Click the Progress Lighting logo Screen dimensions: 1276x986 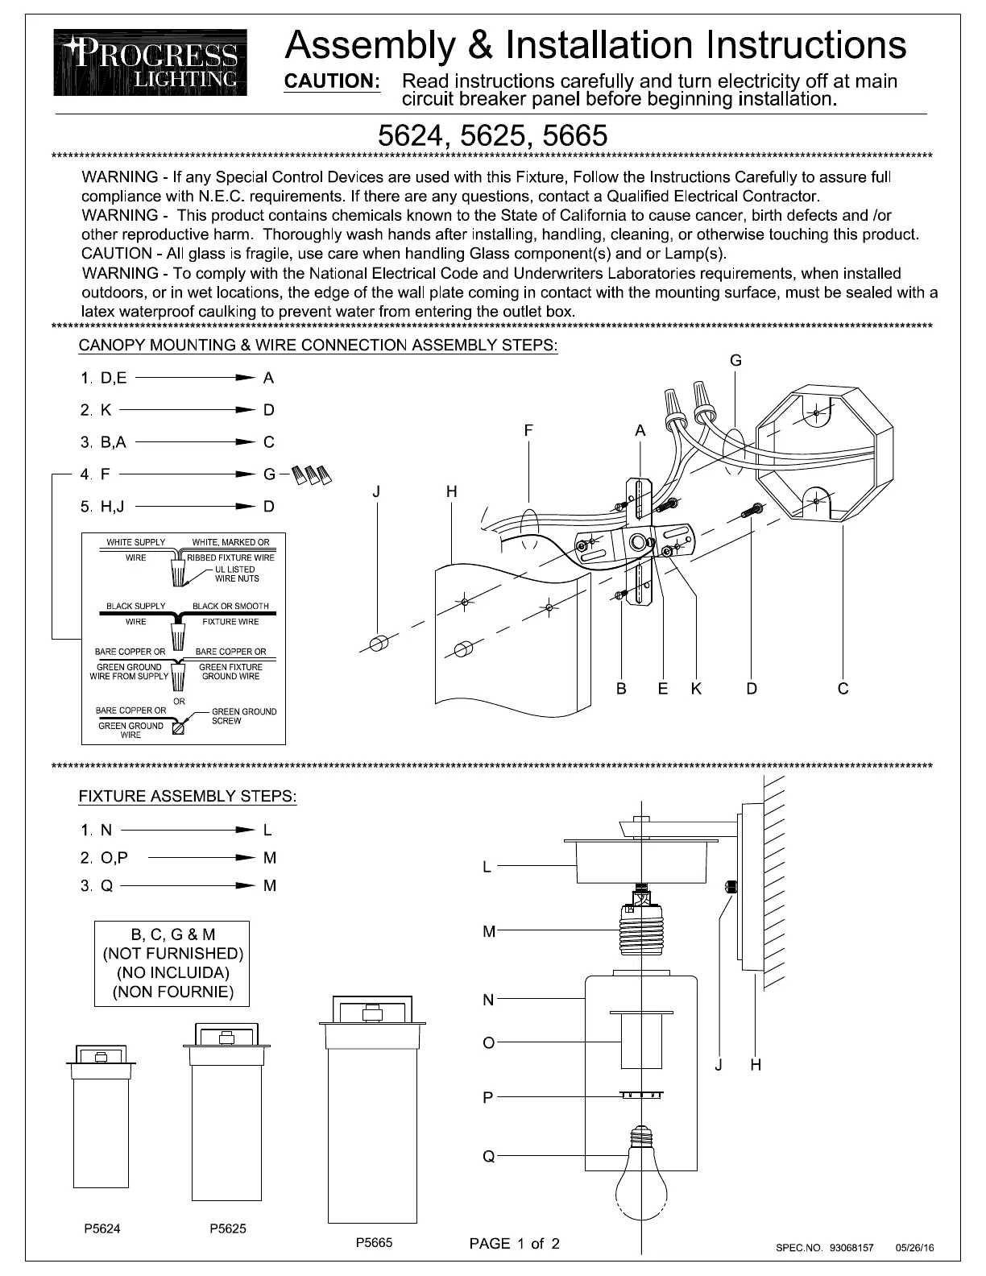(x=151, y=64)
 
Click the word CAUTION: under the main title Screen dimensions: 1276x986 (x=332, y=81)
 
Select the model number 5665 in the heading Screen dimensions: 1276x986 (x=575, y=135)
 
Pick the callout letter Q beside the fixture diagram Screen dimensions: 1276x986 (x=488, y=1157)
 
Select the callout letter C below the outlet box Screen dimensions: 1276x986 (x=843, y=689)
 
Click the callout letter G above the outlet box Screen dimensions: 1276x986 (x=735, y=361)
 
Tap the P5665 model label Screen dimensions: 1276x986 (x=374, y=1243)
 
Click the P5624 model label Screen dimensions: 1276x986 (x=101, y=1229)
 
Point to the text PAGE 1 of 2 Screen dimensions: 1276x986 (x=514, y=1244)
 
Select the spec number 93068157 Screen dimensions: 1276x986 (x=846, y=1248)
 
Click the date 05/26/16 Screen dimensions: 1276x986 (x=914, y=1248)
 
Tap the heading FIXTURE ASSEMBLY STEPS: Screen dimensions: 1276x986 (x=187, y=797)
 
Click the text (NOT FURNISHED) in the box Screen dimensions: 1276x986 (x=172, y=954)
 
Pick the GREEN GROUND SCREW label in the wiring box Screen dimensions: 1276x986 (x=243, y=716)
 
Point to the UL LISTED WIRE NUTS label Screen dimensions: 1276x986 (x=236, y=574)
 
